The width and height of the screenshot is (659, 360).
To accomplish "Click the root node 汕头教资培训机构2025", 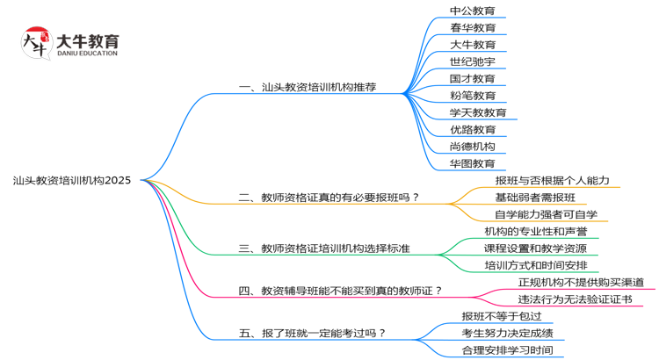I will (x=72, y=181).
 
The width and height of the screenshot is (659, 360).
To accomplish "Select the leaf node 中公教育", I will (x=473, y=11).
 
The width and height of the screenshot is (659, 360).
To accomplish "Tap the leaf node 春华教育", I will (x=473, y=27).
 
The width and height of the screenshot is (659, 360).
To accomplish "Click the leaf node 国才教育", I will (x=473, y=78).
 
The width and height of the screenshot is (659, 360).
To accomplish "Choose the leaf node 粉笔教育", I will (x=473, y=95).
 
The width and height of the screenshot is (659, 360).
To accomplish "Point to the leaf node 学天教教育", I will (x=478, y=112).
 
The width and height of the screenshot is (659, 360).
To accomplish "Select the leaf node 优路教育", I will (x=473, y=129).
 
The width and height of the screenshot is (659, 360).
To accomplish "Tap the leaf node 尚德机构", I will (x=473, y=146).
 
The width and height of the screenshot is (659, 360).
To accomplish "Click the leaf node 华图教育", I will (x=473, y=163).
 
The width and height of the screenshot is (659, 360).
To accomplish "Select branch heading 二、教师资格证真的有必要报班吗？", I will (x=329, y=198).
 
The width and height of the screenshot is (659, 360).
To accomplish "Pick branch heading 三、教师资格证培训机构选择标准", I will (x=324, y=248).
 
